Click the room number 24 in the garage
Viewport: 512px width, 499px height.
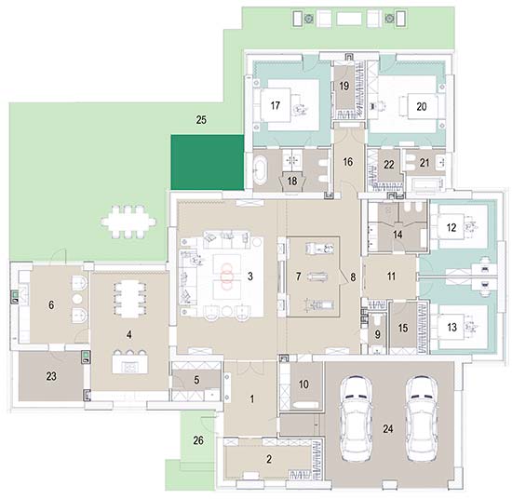(x=387, y=428)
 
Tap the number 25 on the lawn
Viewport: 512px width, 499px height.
(x=201, y=120)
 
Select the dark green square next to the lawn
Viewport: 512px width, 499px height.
(x=208, y=162)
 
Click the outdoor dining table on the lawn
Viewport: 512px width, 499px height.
(x=128, y=223)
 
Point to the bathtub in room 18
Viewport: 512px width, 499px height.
(x=261, y=169)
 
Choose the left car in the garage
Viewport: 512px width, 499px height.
(x=356, y=419)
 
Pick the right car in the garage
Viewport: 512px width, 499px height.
(x=422, y=419)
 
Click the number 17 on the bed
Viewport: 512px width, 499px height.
(x=275, y=105)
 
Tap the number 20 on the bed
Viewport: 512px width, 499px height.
(x=421, y=106)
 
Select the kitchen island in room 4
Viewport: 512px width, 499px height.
(x=129, y=364)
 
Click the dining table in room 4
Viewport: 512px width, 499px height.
(x=129, y=299)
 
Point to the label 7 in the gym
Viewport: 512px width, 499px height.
(x=298, y=276)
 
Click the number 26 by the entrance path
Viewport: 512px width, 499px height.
(x=198, y=440)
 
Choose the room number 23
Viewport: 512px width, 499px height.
(x=51, y=376)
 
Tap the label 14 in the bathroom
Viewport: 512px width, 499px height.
(x=397, y=235)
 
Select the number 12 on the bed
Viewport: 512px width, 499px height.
(x=451, y=227)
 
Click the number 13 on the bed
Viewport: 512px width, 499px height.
(x=451, y=327)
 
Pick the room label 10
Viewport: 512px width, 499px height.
(x=303, y=384)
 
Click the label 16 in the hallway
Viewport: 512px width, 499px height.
(x=348, y=162)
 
